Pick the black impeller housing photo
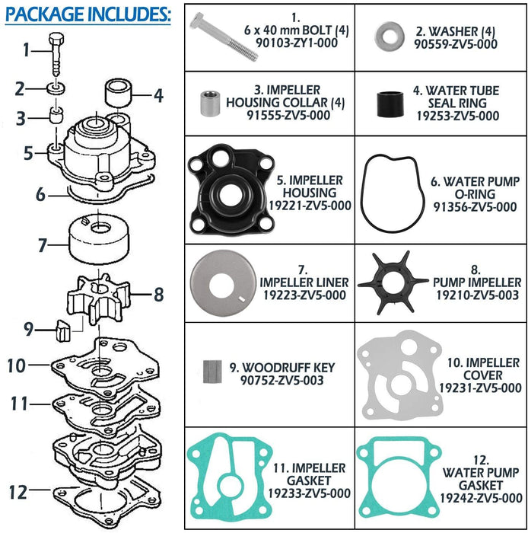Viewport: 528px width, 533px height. [226, 192]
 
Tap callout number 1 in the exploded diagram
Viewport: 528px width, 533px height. [27, 50]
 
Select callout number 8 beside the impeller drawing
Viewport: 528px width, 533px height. [158, 292]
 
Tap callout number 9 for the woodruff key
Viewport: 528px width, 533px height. [28, 329]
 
